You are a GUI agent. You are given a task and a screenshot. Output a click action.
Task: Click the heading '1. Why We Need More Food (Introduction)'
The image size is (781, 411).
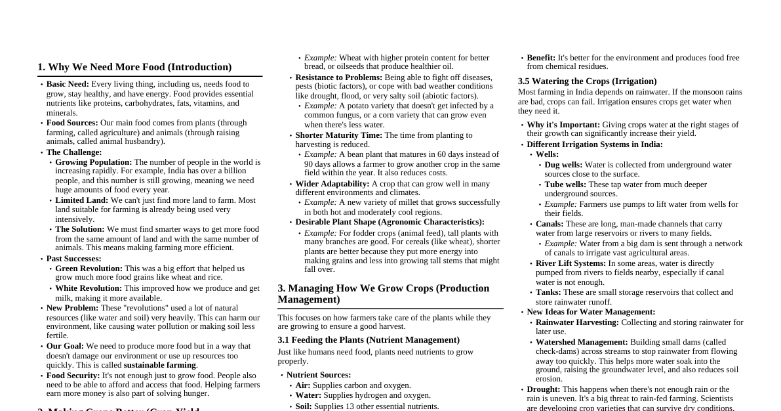[x=134, y=67]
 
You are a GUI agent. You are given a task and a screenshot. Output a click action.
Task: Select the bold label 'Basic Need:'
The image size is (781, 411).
[x=68, y=84]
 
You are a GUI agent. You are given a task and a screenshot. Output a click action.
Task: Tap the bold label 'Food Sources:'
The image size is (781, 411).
[x=72, y=123]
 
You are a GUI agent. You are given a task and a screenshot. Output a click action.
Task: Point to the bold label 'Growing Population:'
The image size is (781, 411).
[x=93, y=162]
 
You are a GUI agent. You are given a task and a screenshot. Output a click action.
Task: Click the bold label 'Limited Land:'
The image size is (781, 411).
[x=81, y=200]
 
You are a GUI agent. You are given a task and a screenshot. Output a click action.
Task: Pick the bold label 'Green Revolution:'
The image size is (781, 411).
[x=89, y=269]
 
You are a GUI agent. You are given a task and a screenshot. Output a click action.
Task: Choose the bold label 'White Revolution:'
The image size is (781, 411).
[x=89, y=288]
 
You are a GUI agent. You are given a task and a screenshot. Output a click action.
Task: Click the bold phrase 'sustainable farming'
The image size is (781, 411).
[x=160, y=365]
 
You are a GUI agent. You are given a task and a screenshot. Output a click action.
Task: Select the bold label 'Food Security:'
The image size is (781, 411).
[x=73, y=376]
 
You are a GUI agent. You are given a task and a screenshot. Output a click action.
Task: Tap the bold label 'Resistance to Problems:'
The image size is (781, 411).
[x=338, y=77]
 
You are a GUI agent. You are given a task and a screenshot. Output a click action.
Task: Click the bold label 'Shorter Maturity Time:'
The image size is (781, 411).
[x=338, y=135]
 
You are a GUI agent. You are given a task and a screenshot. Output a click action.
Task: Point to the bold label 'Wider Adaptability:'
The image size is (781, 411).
[x=332, y=184]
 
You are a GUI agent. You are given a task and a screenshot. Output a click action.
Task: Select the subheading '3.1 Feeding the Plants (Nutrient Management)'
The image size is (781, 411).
[x=369, y=340]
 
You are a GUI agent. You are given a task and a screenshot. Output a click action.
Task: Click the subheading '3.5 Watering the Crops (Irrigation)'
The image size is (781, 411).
[x=587, y=81]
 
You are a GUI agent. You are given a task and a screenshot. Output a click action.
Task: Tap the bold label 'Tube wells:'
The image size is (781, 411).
[x=565, y=184]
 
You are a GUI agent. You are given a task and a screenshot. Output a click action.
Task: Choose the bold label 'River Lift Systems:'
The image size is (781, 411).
[x=571, y=263]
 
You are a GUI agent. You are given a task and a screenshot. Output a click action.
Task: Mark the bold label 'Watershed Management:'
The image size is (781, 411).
[x=581, y=342]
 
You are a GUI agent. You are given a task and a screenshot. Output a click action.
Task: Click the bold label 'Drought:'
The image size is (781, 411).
[x=543, y=389]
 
